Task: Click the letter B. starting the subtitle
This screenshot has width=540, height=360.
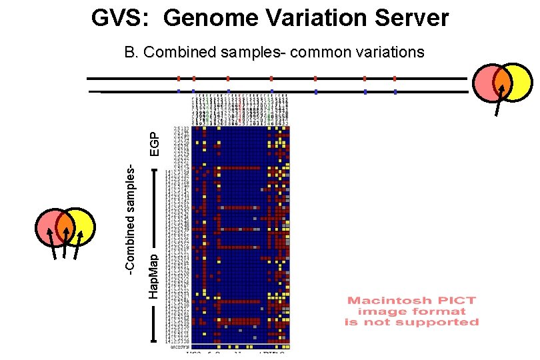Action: [132, 51]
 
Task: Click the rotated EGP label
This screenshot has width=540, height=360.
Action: [154, 143]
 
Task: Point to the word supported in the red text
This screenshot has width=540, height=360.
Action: [443, 322]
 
